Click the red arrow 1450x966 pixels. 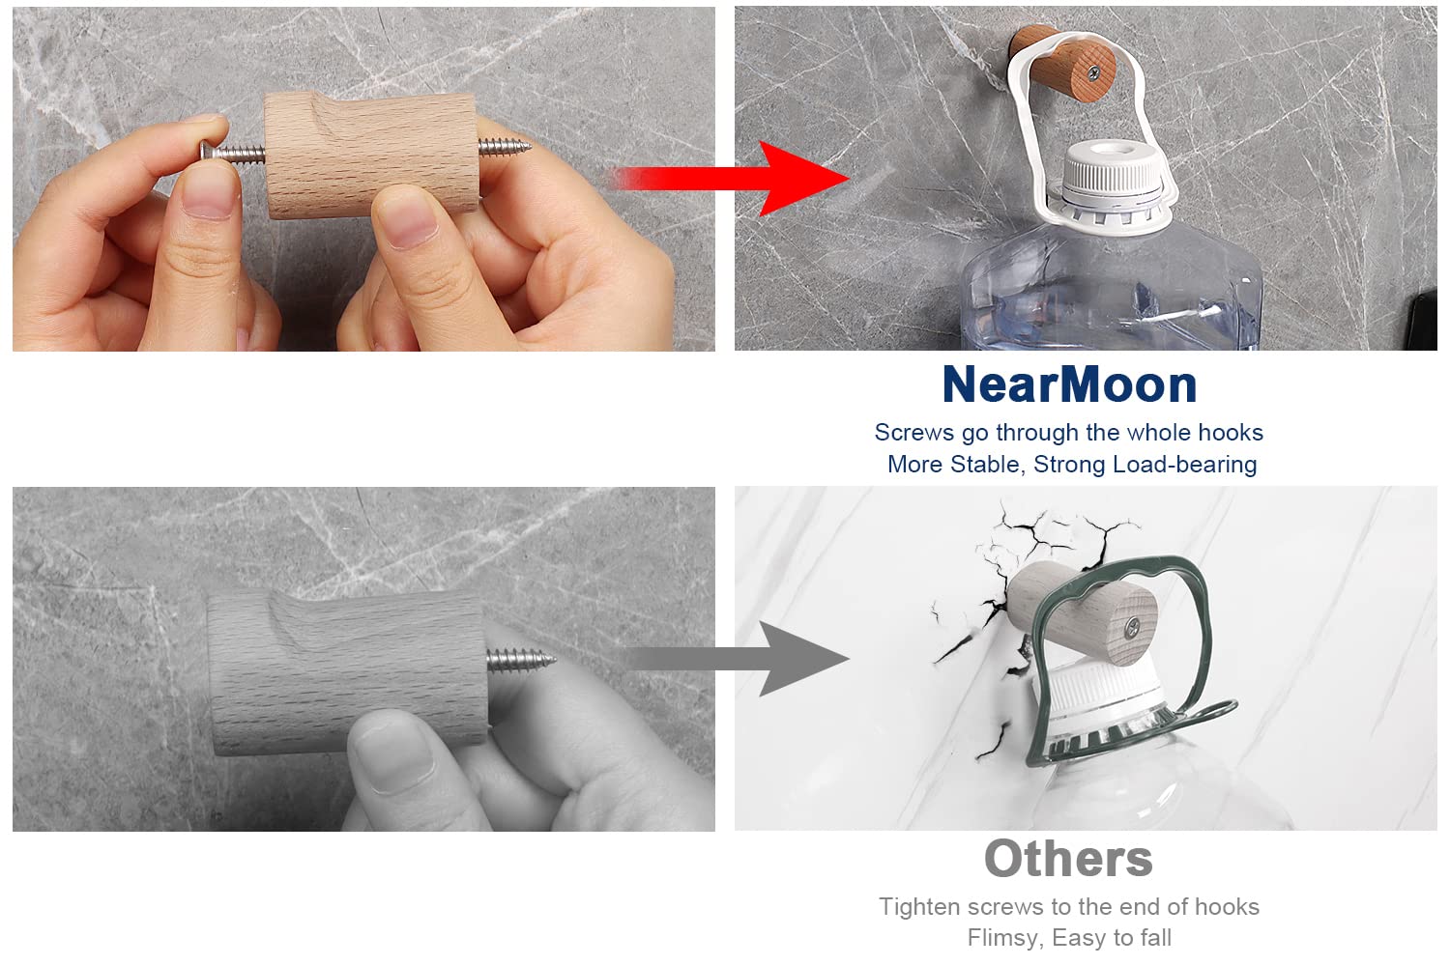(732, 178)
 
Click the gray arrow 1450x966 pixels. (738, 659)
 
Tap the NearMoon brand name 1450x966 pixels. (1069, 384)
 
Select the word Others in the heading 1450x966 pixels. (1068, 859)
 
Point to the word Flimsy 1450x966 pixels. (1005, 938)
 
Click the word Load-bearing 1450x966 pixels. (1184, 465)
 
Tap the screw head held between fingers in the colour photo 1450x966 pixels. (207, 152)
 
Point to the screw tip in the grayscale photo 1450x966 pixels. (550, 660)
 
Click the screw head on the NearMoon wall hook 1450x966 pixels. (1094, 72)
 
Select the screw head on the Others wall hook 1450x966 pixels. (1132, 626)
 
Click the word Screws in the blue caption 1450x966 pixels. (914, 432)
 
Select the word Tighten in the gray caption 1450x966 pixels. (919, 907)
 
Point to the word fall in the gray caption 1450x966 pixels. (1154, 938)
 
